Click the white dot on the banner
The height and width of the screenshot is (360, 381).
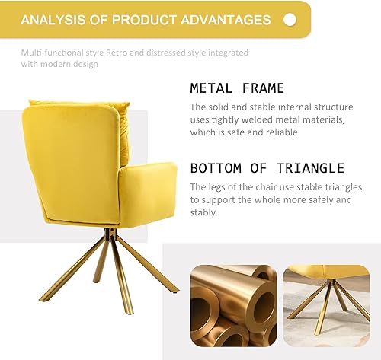[x=290, y=20]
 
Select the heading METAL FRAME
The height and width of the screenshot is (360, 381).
[x=237, y=88]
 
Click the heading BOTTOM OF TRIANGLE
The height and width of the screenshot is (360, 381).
[x=267, y=168]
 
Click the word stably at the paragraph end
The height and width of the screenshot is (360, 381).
[x=203, y=213]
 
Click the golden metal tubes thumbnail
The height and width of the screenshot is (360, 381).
[x=232, y=304]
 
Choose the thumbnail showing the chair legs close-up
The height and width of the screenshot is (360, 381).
[x=326, y=304]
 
